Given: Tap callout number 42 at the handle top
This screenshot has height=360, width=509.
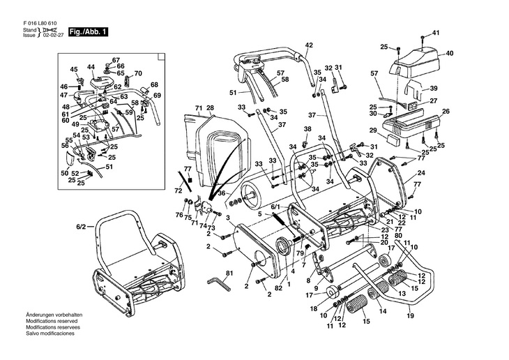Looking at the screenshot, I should coord(309,45).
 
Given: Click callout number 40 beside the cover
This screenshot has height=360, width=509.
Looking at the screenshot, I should coord(450,53).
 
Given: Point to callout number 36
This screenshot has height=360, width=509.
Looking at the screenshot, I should coord(221,193).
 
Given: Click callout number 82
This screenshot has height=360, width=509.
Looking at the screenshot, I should coord(278,288).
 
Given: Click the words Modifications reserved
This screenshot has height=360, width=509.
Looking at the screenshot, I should coord(50,321).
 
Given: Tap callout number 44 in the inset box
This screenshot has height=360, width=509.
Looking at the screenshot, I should coord(91,67).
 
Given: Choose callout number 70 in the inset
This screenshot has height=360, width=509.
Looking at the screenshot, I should coord(138,73).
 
